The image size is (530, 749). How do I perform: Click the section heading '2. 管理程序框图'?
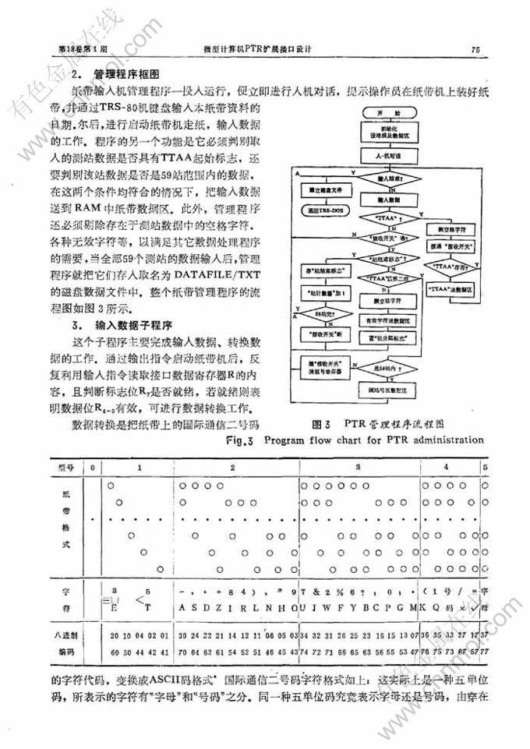115,76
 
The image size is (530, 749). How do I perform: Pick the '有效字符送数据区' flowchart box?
382,320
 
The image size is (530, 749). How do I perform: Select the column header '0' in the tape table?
92,466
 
